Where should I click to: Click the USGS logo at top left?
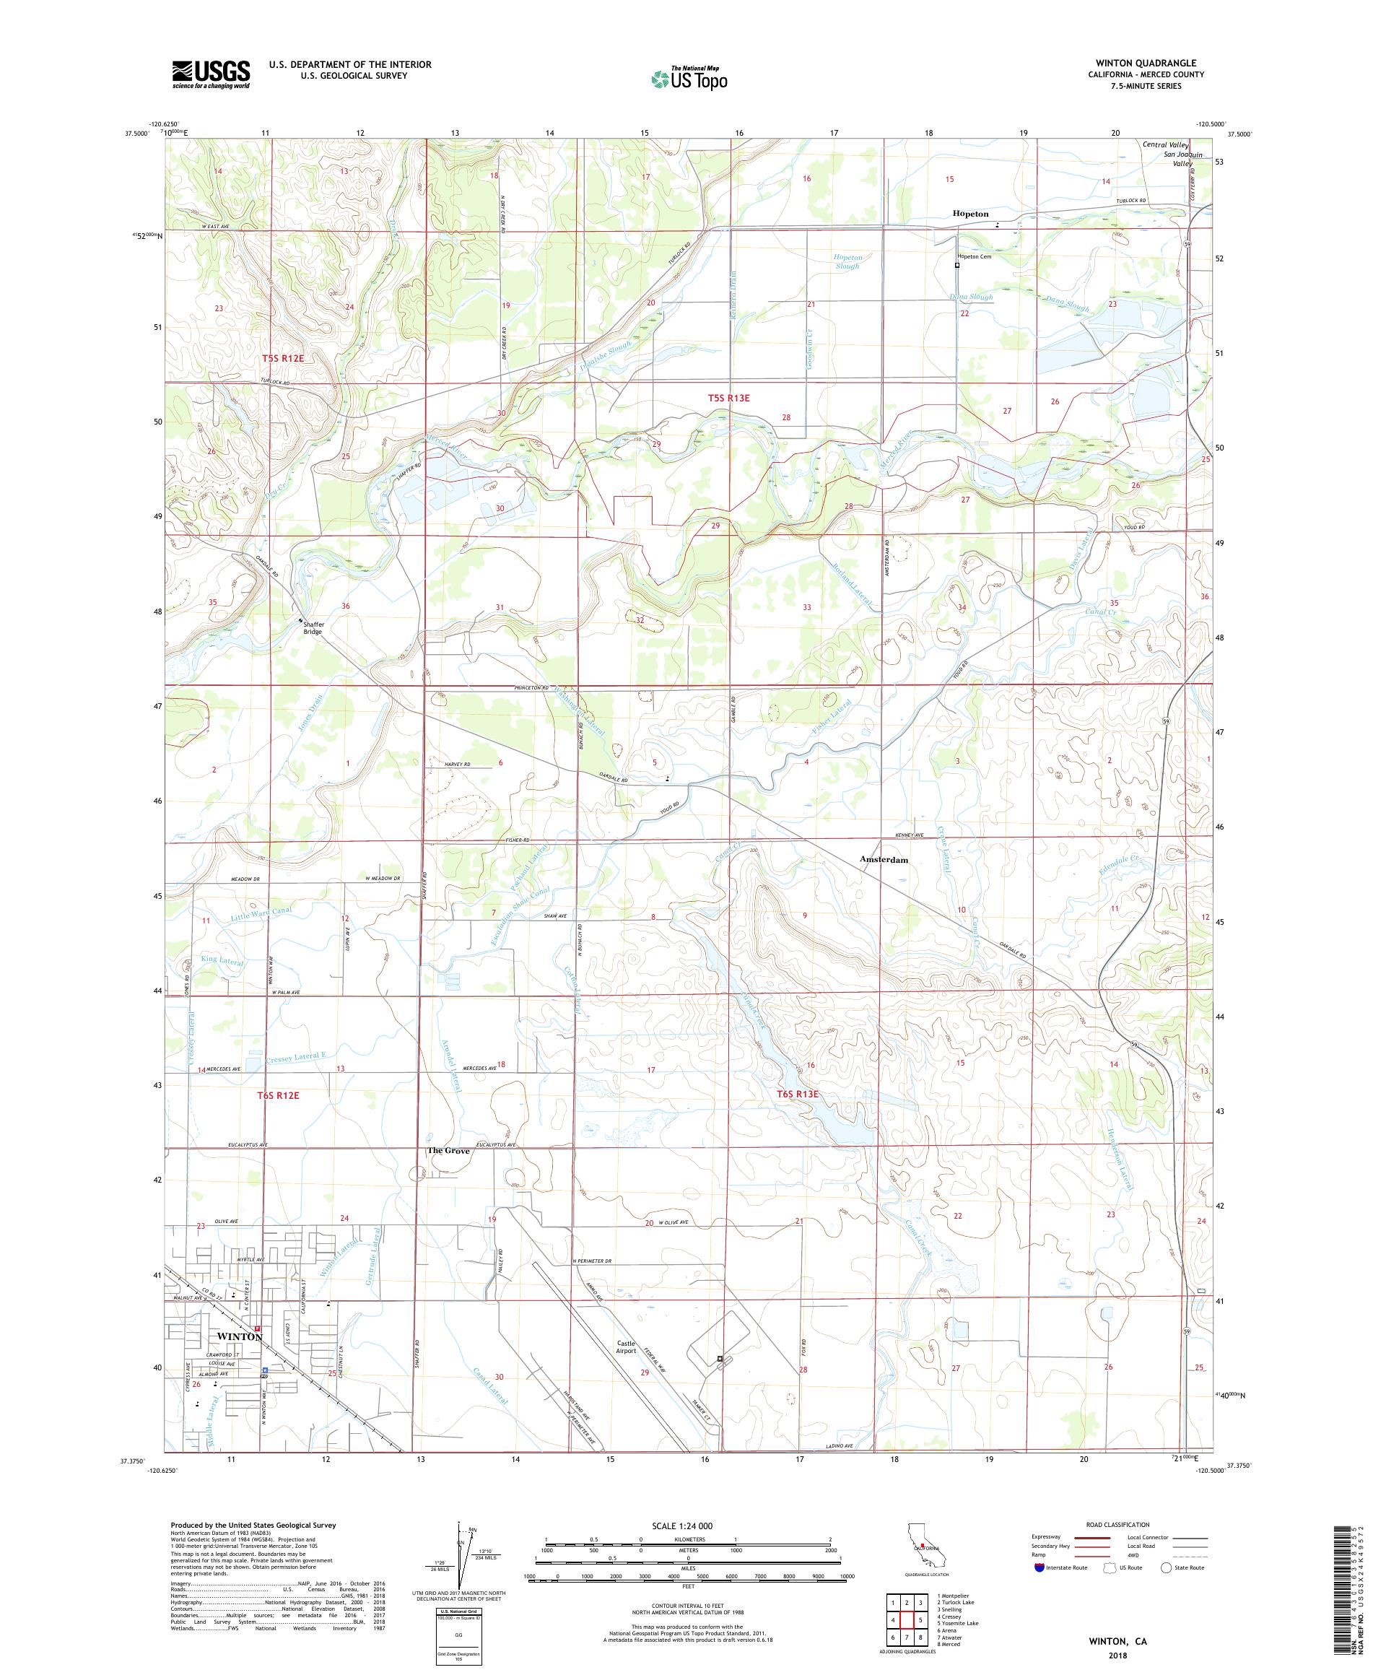pos(211,74)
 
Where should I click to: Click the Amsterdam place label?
pos(884,860)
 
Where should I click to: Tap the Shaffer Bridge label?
pos(312,627)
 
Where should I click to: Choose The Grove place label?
pos(448,1151)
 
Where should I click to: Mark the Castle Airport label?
pos(625,1347)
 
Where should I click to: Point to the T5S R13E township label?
pos(729,397)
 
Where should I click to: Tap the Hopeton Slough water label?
pos(847,261)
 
